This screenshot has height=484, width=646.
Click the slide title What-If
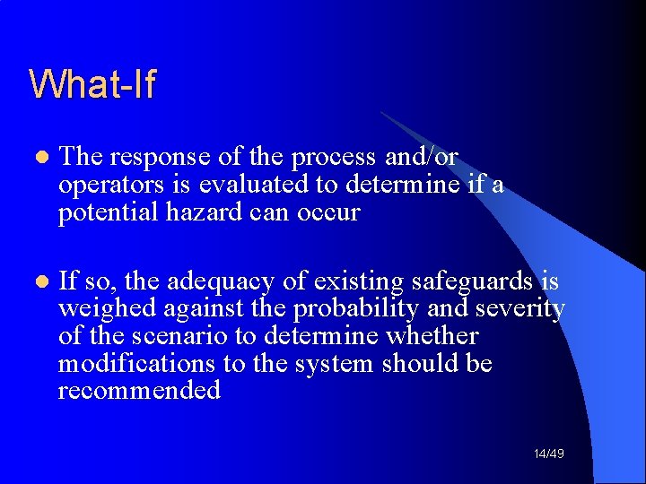[x=92, y=84]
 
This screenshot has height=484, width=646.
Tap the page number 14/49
[x=548, y=454]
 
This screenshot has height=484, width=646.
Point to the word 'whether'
[x=433, y=337]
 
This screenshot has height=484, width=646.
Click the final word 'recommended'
[x=139, y=392]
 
